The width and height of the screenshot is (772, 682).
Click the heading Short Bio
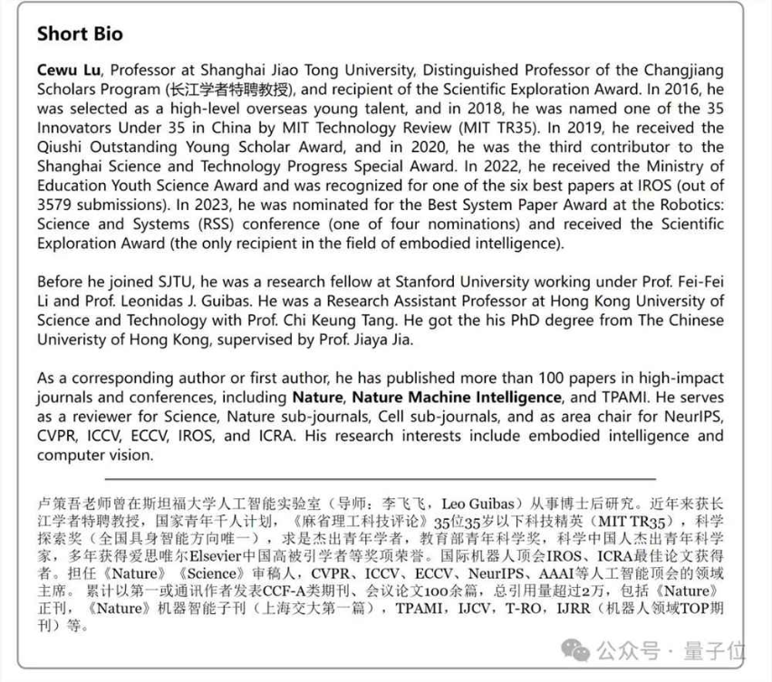coord(80,34)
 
